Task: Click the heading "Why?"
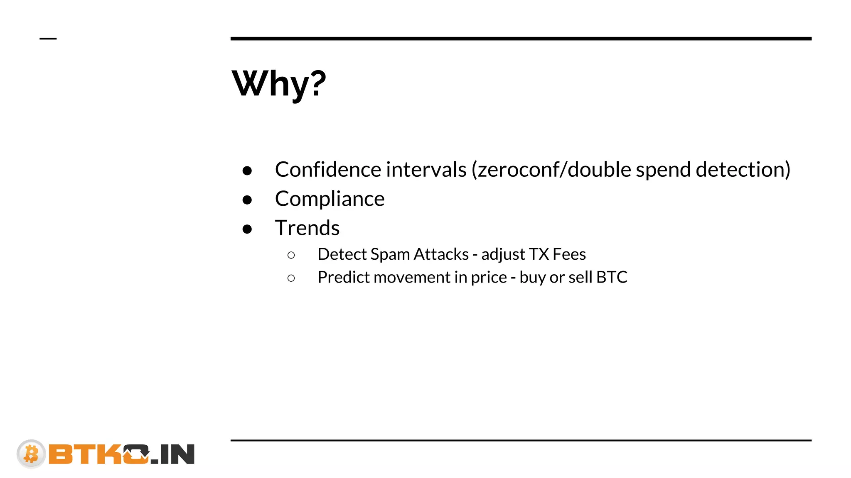(279, 83)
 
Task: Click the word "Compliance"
(330, 199)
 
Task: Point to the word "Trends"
(307, 228)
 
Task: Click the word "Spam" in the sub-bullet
(390, 254)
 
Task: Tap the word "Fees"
(569, 254)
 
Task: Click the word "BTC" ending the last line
(612, 277)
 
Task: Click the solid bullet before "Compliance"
(247, 200)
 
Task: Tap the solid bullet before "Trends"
(247, 229)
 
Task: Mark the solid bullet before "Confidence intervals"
(247, 171)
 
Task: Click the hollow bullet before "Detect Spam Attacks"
(291, 255)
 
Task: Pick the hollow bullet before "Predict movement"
(291, 278)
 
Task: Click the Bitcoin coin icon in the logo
(31, 454)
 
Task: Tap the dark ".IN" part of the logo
(174, 455)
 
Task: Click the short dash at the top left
(48, 39)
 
